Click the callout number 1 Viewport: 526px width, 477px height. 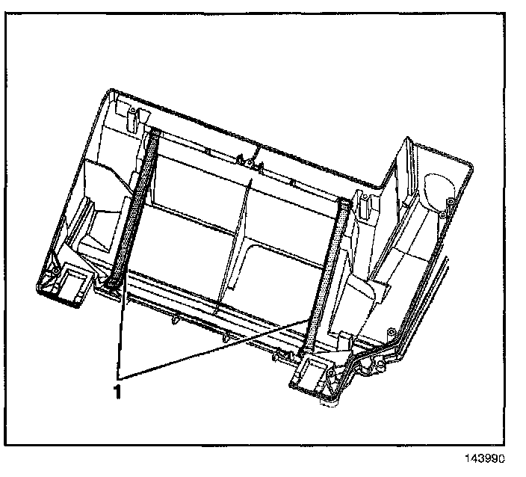point(117,392)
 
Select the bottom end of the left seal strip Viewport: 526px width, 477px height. point(113,283)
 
